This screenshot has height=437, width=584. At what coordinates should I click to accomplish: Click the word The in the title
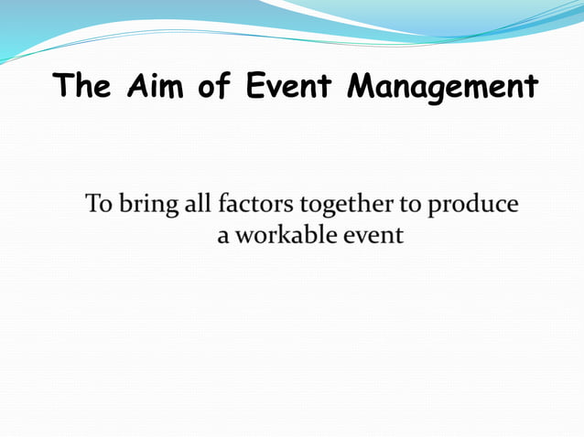(x=82, y=88)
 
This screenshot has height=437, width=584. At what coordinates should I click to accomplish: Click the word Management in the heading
(x=443, y=90)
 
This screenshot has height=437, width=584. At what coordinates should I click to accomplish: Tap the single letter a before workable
(x=222, y=236)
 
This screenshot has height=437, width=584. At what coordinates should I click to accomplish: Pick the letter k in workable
(x=277, y=235)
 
